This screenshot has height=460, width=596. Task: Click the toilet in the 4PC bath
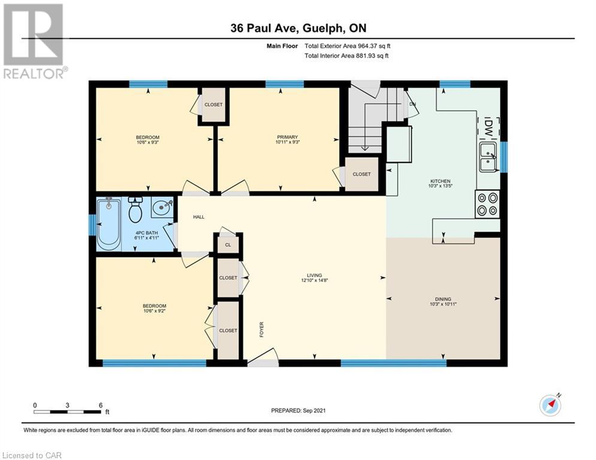pos(135,210)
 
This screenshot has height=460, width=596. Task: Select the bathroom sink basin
pos(162,207)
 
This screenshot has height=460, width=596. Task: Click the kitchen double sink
pos(488,157)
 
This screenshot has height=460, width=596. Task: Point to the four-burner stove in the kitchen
pos(488,204)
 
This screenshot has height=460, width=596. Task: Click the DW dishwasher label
pos(488,127)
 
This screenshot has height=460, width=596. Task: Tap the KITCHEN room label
pos(440,181)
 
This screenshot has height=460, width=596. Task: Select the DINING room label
pos(443,299)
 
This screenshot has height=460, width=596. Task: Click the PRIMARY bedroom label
pos(288,137)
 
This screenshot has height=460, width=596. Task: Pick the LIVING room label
pos(314,276)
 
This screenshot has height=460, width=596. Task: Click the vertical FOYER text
pos(262,329)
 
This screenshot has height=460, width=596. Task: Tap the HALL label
pos(199,217)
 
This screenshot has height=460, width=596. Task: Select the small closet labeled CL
pos(228,245)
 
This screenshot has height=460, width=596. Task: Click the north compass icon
pos(550,405)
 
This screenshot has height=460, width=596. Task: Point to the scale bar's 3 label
pos(67,405)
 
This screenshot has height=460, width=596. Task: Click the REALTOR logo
pos(34,41)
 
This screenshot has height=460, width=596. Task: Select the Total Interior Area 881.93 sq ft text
pos(347,56)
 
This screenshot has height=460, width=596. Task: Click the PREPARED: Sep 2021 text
pos(298,410)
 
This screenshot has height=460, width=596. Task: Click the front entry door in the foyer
pos(263,358)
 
